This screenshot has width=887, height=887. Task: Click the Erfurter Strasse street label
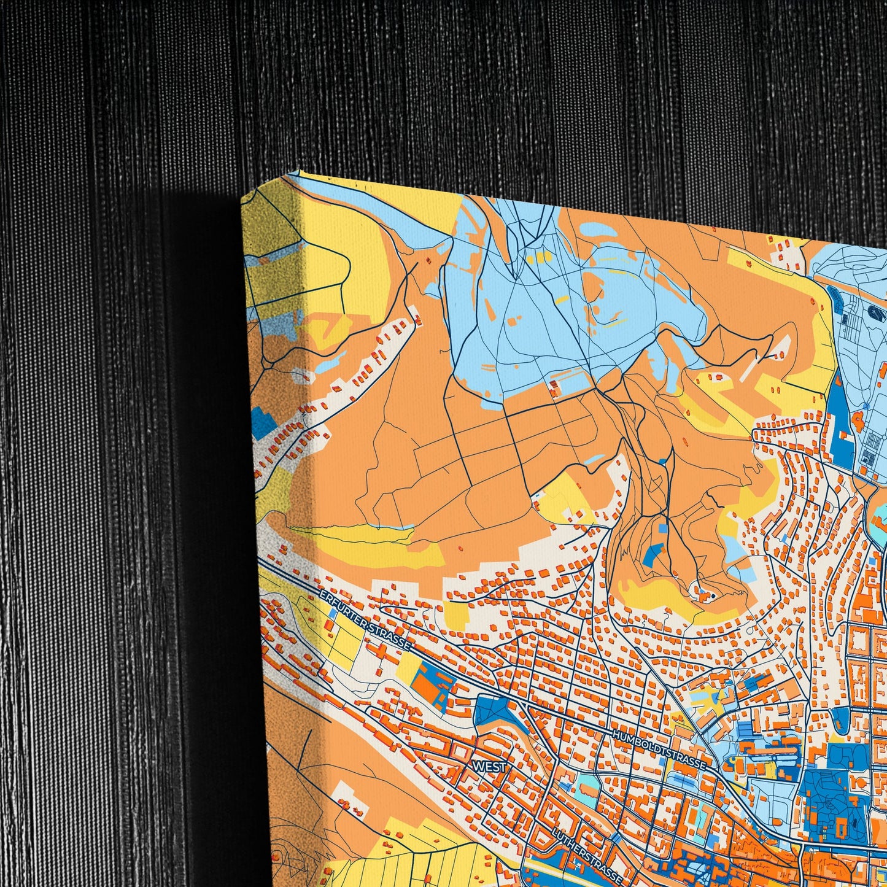coord(365,620)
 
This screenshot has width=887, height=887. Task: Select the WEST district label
coord(489,767)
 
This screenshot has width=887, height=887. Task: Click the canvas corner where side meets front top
coord(299,174)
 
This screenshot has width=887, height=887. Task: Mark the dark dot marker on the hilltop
coord(713,594)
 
